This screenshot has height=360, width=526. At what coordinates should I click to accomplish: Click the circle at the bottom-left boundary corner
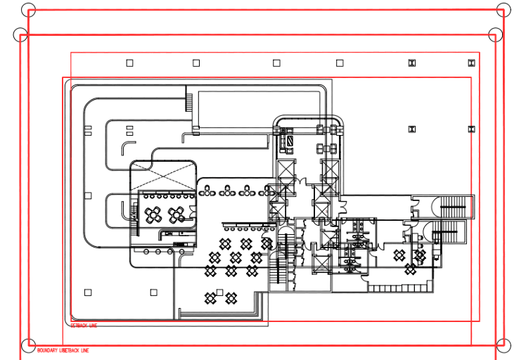pos(28,345)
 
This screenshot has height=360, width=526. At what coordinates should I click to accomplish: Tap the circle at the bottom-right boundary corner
pos(503,345)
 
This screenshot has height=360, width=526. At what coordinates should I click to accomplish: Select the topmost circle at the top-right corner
pos(503,10)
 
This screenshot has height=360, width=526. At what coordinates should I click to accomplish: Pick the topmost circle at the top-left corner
pos(29,10)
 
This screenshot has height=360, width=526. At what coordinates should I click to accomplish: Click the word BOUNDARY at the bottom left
pos(47,350)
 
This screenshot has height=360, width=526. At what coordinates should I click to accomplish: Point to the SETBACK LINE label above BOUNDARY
pos(84,326)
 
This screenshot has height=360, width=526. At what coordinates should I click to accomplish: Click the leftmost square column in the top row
pos(129,63)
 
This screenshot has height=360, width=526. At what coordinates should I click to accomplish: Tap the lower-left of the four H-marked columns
pos(412,129)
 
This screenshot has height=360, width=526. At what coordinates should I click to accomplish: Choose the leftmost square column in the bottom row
pos(88,292)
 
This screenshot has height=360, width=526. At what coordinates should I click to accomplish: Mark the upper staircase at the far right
pos(453,207)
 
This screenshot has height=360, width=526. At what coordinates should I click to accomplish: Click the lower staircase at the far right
pos(448,231)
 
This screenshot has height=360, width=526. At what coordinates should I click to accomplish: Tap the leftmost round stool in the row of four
pos(147,251)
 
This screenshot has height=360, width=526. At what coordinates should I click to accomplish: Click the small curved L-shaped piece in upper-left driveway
pos(127,146)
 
